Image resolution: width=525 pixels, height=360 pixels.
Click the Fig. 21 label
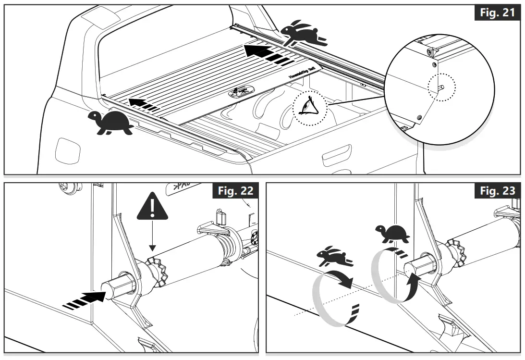tap(497, 12)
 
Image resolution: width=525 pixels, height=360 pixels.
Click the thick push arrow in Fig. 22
tap(85, 299)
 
